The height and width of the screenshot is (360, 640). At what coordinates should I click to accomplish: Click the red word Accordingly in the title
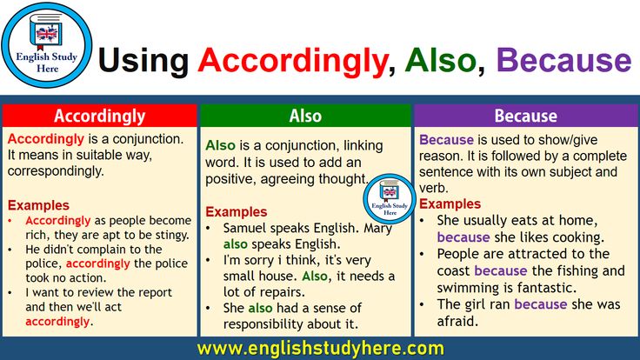tap(293, 62)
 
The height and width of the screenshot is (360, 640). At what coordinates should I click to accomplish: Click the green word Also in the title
tap(441, 60)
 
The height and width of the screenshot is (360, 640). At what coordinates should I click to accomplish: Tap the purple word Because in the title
tap(564, 60)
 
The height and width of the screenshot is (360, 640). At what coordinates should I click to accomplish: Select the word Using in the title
tap(143, 62)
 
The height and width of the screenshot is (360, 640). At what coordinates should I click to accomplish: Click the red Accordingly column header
tap(100, 116)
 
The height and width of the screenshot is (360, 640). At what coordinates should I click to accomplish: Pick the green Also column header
tap(305, 116)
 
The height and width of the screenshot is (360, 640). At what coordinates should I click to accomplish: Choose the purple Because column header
tap(526, 116)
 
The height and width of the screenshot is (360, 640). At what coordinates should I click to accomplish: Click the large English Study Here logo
tap(47, 45)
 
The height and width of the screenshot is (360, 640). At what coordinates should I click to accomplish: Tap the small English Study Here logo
tap(390, 199)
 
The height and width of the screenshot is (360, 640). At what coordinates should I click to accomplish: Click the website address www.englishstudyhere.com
tap(320, 349)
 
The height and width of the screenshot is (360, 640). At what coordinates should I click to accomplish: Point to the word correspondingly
tap(55, 171)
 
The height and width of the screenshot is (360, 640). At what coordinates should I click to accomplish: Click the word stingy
tap(170, 235)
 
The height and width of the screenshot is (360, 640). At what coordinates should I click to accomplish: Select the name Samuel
tap(245, 228)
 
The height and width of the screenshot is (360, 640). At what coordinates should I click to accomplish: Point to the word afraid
tap(457, 321)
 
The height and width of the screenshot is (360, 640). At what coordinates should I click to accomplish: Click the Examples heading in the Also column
tap(237, 212)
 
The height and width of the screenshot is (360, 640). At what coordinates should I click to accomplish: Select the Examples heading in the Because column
tap(450, 203)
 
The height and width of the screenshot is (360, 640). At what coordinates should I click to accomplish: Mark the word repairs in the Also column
tap(283, 292)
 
